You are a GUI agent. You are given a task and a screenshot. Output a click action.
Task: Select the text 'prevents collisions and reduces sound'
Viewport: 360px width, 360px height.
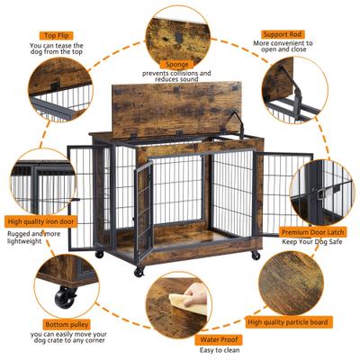(x=176, y=76)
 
